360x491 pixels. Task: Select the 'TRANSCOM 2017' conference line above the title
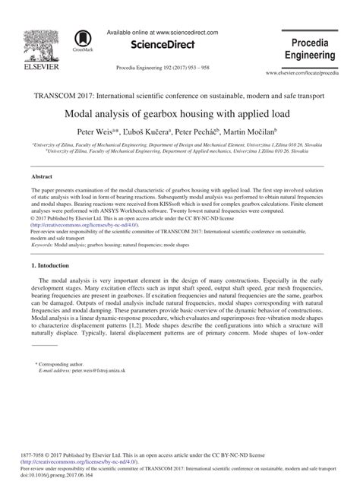180,97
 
